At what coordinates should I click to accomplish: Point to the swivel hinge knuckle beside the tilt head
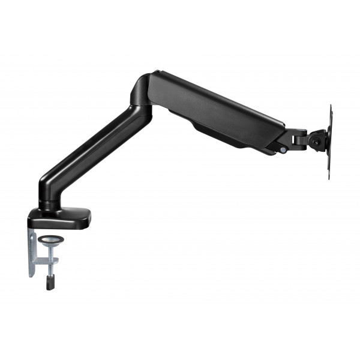[x=298, y=139]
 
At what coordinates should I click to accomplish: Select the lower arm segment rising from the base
[x=90, y=150]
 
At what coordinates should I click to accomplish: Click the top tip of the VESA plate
[x=331, y=107]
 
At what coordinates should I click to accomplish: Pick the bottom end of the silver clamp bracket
[x=32, y=275]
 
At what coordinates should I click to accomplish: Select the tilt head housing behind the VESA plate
[x=317, y=139]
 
